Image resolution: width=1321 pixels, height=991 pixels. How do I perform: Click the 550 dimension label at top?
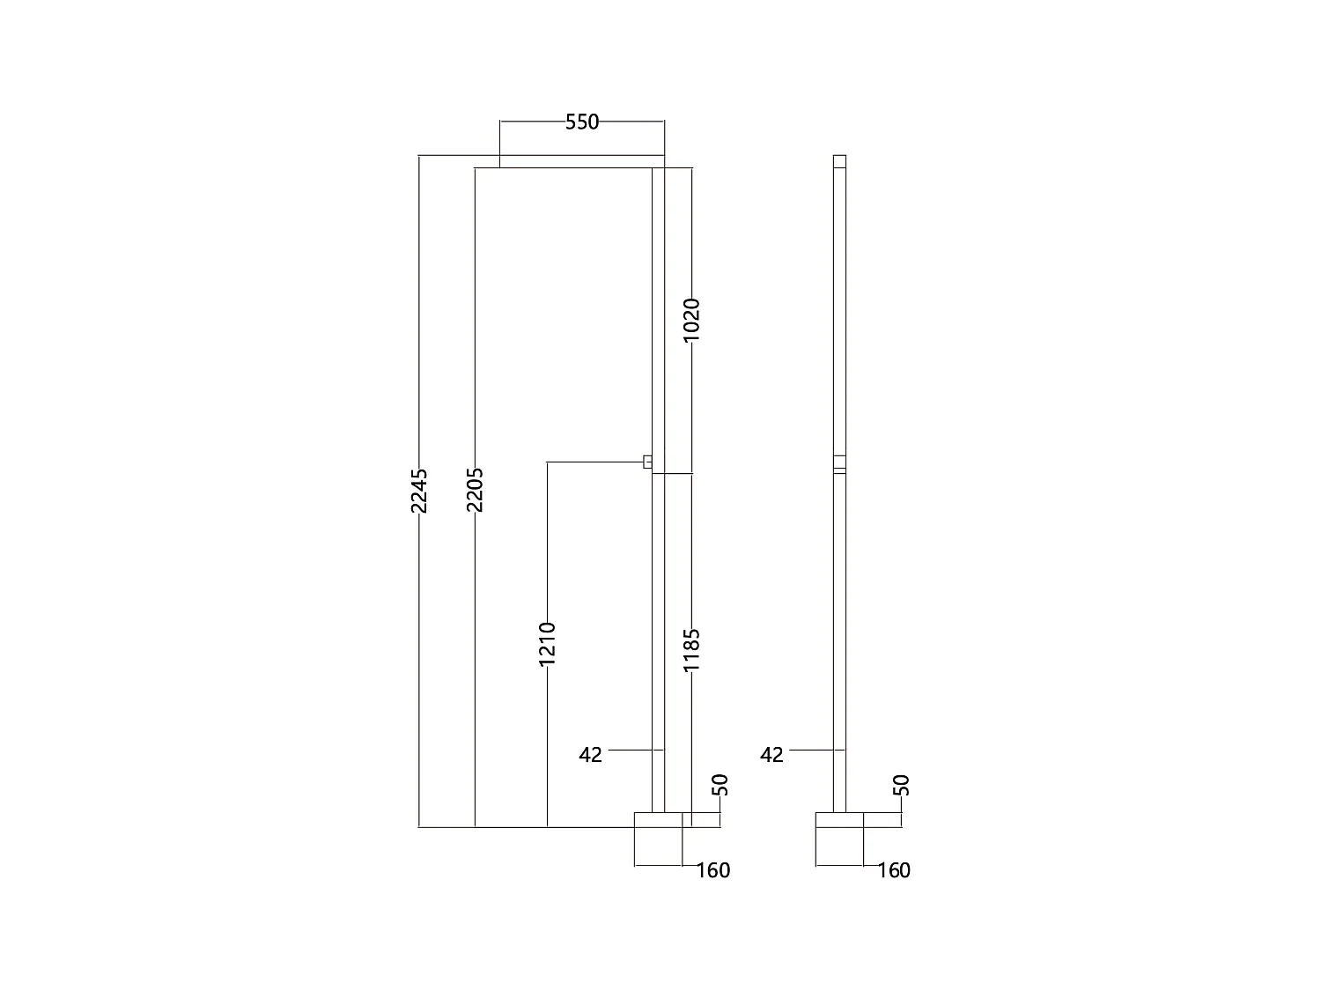[581, 122]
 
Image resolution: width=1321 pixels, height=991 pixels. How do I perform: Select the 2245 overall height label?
[420, 490]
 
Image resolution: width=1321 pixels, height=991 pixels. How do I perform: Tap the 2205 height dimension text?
[476, 490]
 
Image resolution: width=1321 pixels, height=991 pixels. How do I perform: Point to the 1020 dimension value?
[691, 320]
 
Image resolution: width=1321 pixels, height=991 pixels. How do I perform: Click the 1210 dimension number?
[547, 643]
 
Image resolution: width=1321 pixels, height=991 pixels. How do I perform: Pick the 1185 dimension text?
[691, 650]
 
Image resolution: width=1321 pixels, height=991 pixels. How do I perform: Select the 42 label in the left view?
[591, 755]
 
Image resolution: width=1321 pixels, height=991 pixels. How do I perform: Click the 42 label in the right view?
[771, 755]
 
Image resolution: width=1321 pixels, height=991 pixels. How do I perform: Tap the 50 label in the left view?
[720, 784]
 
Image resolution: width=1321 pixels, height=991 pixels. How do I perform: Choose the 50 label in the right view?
[901, 784]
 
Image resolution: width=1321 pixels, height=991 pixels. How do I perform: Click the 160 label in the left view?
[713, 870]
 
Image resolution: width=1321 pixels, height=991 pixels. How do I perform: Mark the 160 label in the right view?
[894, 870]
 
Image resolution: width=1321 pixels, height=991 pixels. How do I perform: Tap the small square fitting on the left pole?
[647, 462]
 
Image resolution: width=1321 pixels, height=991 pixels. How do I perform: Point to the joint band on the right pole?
[839, 464]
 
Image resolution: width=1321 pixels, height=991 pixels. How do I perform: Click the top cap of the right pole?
[839, 161]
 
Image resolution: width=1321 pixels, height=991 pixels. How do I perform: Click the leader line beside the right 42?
[811, 750]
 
